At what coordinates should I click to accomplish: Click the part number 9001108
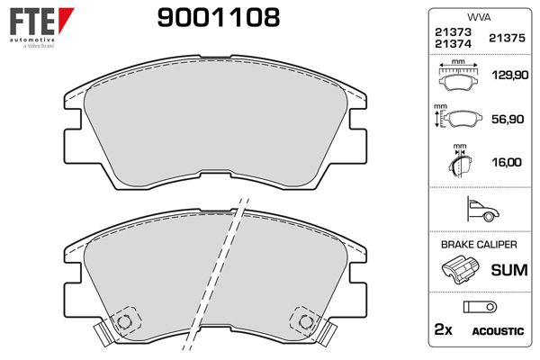(219, 16)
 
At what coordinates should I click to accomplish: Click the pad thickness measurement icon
(459, 162)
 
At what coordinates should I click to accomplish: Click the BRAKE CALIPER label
(478, 245)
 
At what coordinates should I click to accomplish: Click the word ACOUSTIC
(497, 332)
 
